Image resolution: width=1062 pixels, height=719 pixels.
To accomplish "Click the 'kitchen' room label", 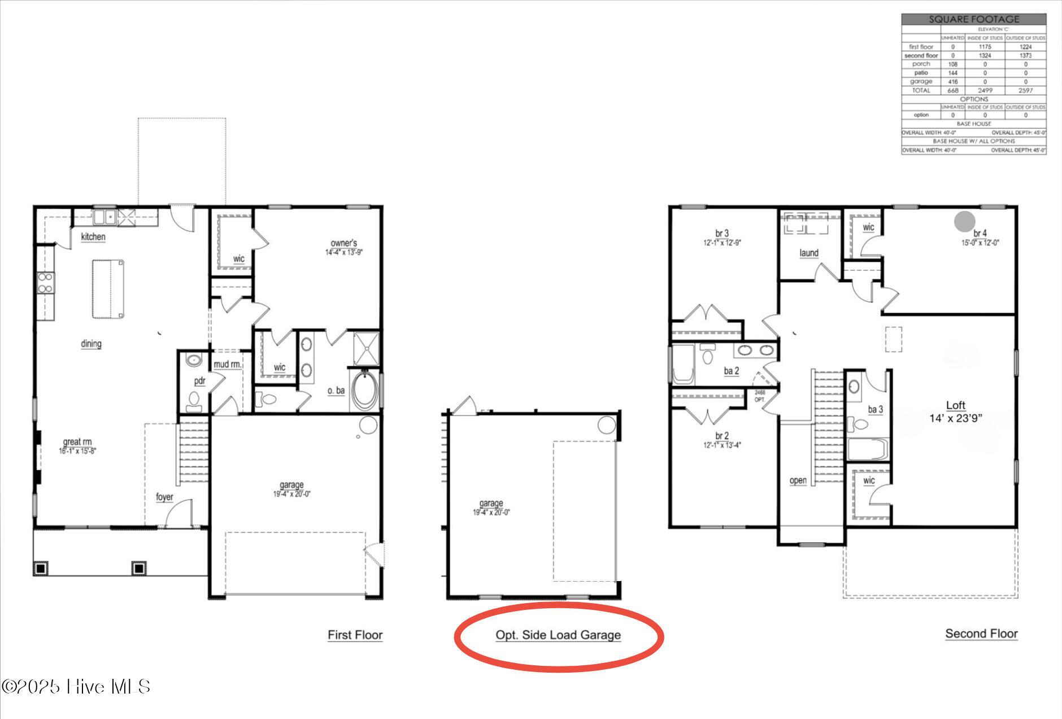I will [x=93, y=237].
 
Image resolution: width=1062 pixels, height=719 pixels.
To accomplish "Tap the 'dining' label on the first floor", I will [x=91, y=344].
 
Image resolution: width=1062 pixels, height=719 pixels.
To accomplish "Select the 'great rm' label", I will [x=77, y=442].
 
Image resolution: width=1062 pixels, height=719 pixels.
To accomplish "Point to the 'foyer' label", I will [x=164, y=497].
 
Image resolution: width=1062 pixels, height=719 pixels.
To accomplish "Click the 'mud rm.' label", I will [x=227, y=365].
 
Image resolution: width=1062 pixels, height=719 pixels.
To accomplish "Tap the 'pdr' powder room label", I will [x=199, y=381].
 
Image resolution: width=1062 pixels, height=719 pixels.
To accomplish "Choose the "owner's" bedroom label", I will [x=343, y=243].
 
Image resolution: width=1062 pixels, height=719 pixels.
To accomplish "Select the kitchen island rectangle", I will [x=108, y=289].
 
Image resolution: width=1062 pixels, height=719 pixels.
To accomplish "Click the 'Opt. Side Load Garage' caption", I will [x=558, y=635].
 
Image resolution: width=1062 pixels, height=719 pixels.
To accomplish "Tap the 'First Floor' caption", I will [x=355, y=635].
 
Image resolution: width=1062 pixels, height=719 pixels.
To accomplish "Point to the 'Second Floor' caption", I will [x=981, y=634].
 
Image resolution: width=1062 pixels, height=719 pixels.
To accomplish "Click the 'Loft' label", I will [x=955, y=405].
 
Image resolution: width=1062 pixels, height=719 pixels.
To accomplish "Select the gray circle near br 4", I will [x=964, y=221].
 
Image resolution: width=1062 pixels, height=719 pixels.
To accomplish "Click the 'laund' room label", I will [x=808, y=253].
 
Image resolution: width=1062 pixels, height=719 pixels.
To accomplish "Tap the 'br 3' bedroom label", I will [x=721, y=233].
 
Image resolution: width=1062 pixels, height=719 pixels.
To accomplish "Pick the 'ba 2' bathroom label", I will [x=731, y=371].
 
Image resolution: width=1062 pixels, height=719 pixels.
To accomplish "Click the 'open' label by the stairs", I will [x=798, y=480].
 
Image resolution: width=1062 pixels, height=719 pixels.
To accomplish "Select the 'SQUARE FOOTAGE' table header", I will [x=974, y=19].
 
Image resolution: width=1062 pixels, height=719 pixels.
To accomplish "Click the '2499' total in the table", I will [x=985, y=90].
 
